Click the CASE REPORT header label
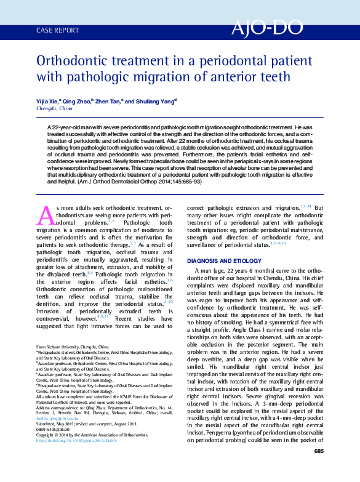58,30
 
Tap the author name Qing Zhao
79,100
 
